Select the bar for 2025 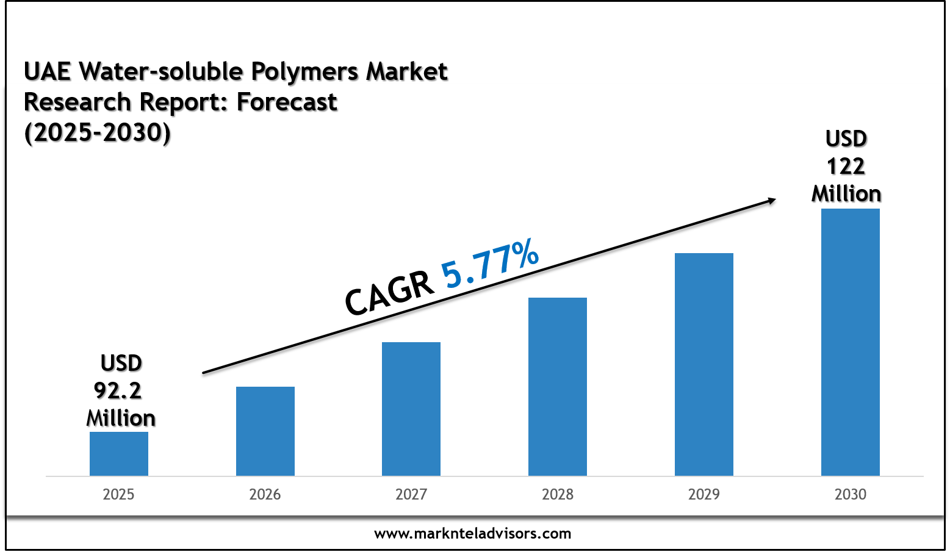tap(119, 454)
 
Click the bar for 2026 tap(265, 431)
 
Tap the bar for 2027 tap(411, 409)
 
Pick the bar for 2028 tap(558, 387)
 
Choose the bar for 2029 tap(704, 364)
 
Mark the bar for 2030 tap(851, 342)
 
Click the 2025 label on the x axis tap(118, 494)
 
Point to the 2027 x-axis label tap(411, 494)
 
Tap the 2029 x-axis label tap(704, 494)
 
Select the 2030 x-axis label tap(851, 494)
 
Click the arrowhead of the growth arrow tap(771, 200)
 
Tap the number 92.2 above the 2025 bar tap(118, 390)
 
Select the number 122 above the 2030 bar tap(846, 167)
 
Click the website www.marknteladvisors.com tap(473, 534)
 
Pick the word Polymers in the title tap(304, 72)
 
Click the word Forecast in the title tap(287, 102)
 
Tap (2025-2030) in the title tap(98, 132)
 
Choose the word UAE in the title tap(48, 72)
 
